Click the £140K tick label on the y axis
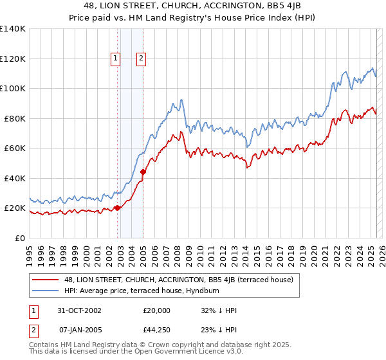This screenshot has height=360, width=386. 13,29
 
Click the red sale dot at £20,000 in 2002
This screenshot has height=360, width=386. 118,208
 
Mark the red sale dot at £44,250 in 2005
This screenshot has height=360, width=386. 143,172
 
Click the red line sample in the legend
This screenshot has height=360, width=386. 46,280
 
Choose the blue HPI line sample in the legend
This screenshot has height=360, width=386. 46,291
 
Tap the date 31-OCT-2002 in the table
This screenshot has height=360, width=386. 78,310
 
